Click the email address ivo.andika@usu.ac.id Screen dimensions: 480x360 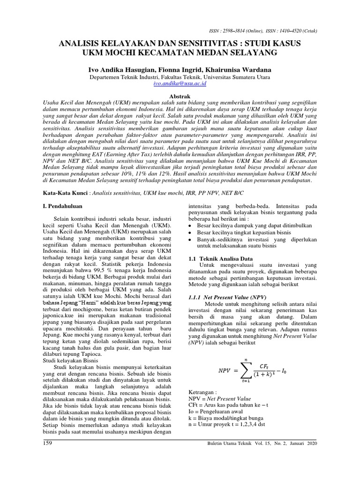(180, 83)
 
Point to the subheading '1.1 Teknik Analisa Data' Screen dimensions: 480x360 (220, 258)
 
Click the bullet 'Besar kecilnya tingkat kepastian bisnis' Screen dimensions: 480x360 (244, 232)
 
